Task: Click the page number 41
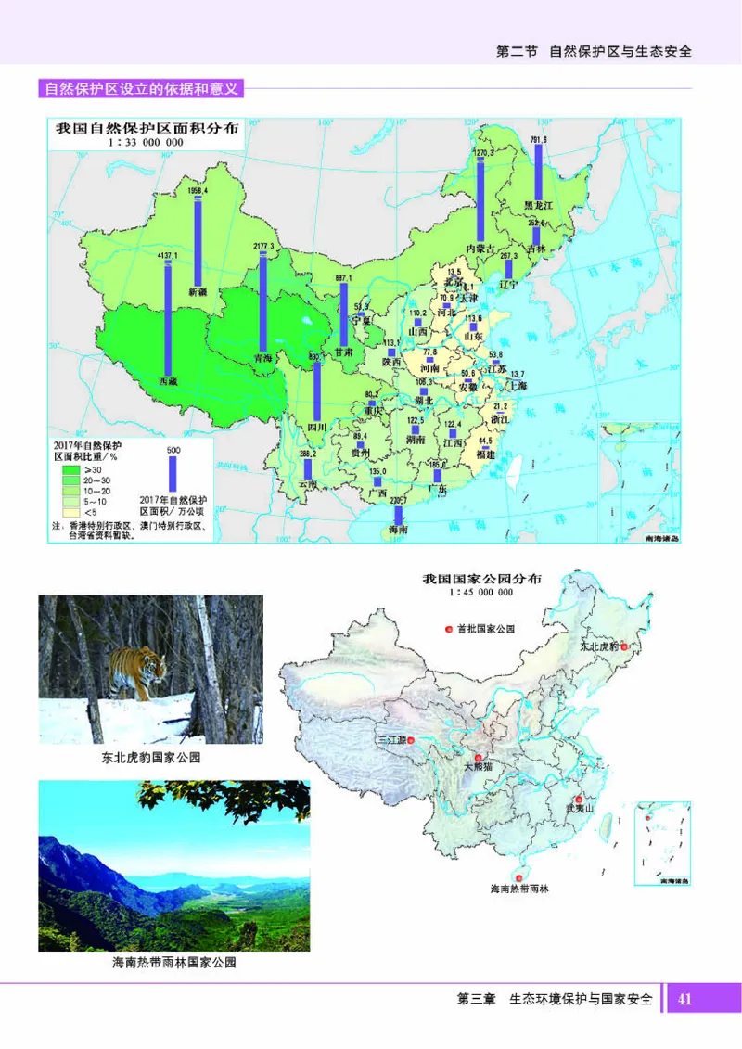(684, 999)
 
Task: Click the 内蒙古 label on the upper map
(480, 249)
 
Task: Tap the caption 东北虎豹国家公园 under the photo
(151, 758)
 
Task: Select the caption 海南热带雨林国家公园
(174, 964)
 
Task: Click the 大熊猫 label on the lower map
(481, 767)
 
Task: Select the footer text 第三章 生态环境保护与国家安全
(555, 1000)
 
